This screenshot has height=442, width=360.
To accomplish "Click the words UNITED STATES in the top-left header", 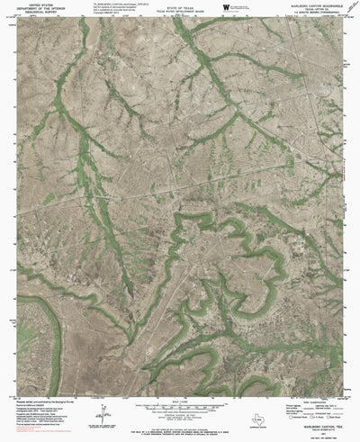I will (x=41, y=5).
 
